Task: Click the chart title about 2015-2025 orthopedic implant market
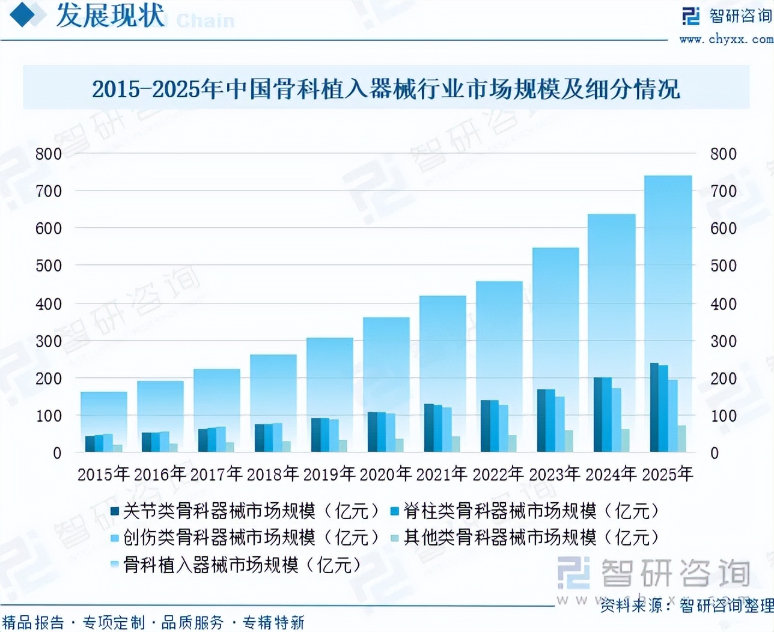[x=386, y=89]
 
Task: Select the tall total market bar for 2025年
[x=668, y=270]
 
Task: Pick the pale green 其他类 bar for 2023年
[x=568, y=441]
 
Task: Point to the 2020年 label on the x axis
[x=385, y=474]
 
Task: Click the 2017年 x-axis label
[x=216, y=474]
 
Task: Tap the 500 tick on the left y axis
[x=49, y=266]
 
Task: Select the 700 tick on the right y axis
[x=723, y=191]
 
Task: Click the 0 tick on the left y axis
[x=57, y=453]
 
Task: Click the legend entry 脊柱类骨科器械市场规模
[x=525, y=511]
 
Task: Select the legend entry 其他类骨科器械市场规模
[x=525, y=537]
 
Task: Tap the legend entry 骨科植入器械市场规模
[x=236, y=565]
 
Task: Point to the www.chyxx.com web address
[x=726, y=39]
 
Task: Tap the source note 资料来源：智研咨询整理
[x=686, y=605]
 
